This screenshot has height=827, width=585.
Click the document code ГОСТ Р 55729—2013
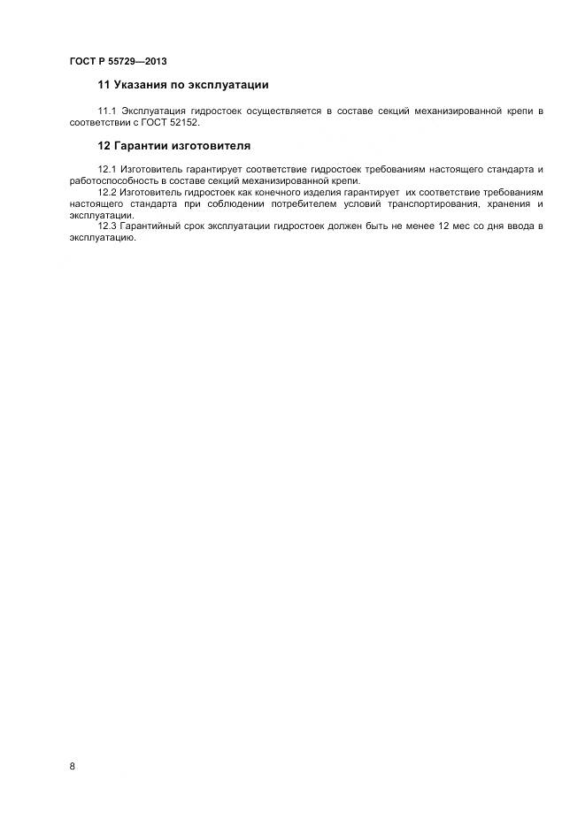118,62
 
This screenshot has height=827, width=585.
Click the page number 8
73,766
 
